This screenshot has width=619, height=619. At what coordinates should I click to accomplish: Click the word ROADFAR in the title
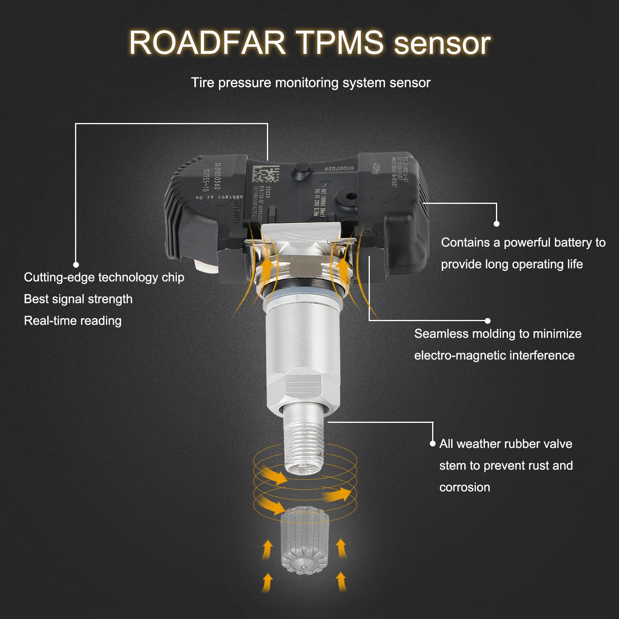207,43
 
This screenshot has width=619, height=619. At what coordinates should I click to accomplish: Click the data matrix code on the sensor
266,174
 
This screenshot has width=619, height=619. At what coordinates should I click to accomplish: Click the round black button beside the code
301,171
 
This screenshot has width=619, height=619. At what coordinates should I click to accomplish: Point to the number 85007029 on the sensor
339,169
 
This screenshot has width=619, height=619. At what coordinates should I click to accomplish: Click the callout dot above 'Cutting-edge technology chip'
76,265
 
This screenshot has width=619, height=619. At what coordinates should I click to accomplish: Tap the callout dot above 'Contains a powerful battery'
496,224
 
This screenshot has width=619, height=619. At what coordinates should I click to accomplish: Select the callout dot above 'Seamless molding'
487,321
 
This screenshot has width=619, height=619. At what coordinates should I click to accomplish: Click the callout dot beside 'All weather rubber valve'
433,444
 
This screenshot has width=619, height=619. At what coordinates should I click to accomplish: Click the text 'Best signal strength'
78,299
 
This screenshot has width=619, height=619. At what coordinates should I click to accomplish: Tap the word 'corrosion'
465,487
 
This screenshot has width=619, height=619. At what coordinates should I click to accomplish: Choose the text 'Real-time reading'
73,321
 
